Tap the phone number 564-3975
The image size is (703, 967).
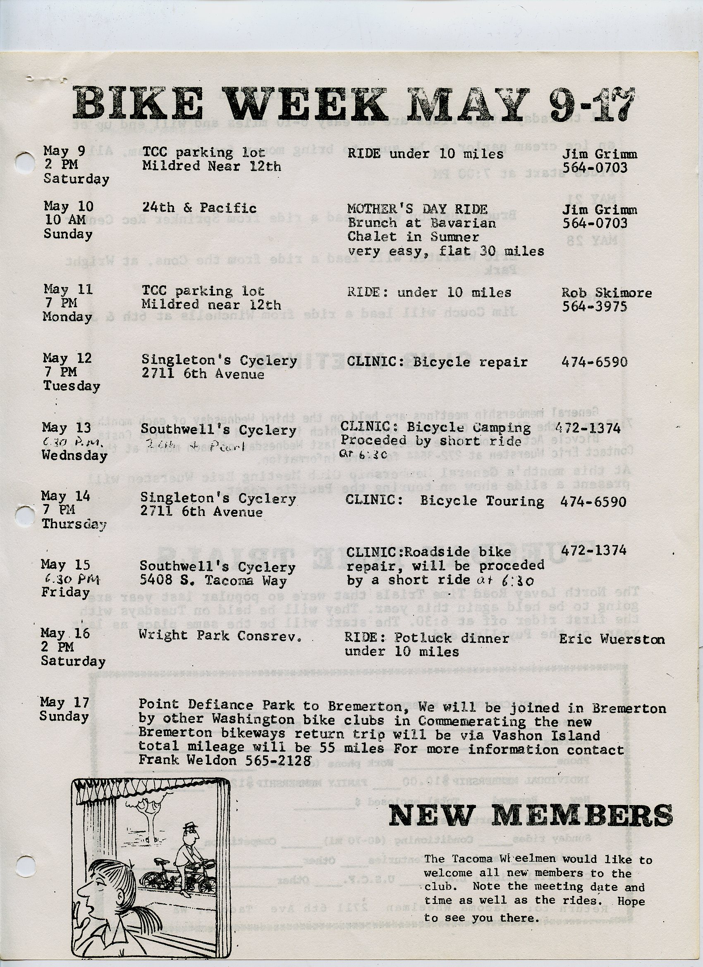(x=594, y=307)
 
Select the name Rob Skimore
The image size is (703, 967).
(x=606, y=293)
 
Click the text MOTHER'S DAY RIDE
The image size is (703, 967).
(x=417, y=209)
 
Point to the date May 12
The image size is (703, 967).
(x=67, y=358)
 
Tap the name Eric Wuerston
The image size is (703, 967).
(x=611, y=639)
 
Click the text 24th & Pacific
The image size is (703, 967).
(x=199, y=208)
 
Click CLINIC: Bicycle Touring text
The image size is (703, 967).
(x=445, y=501)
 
